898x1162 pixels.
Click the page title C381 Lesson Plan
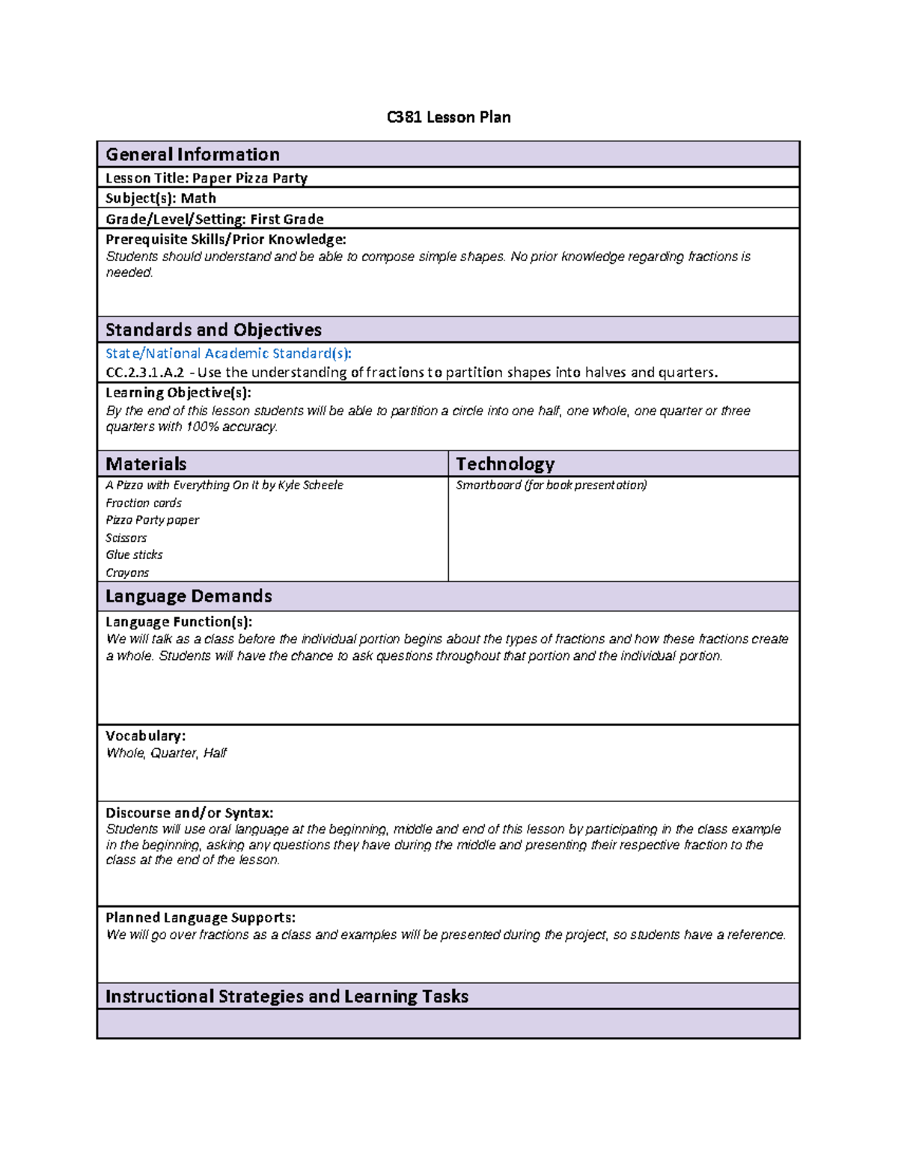[448, 117]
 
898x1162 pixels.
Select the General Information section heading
[192, 154]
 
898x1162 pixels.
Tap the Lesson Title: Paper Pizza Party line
[206, 178]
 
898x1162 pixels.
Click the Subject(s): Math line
[160, 198]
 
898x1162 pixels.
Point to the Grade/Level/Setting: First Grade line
[214, 219]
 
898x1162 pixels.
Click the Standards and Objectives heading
[213, 330]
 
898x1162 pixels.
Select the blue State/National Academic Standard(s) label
[227, 353]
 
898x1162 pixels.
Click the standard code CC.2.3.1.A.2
[144, 373]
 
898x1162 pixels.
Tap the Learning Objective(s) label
[178, 393]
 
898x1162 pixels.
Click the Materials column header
[146, 464]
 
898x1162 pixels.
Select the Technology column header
[505, 464]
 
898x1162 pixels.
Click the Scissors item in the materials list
[126, 538]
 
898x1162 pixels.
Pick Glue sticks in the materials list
[134, 555]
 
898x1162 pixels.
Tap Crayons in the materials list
[127, 573]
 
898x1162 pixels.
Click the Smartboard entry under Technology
[551, 486]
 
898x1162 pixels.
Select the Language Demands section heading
[189, 596]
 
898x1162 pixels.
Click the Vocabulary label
[145, 736]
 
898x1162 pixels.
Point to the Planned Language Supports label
[200, 918]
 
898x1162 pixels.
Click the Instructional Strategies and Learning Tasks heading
[287, 997]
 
